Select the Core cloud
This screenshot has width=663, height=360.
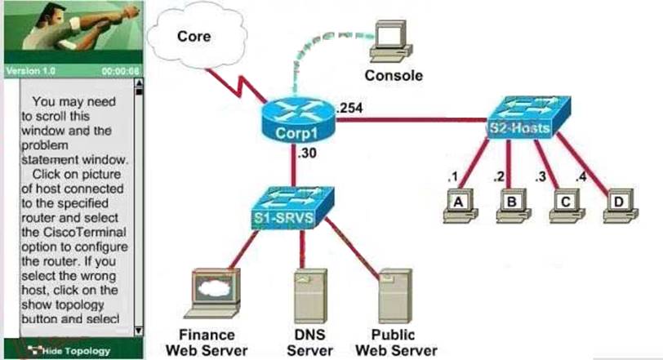[x=195, y=38]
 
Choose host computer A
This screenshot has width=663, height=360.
[x=458, y=204]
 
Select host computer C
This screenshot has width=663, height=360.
[x=563, y=204]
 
